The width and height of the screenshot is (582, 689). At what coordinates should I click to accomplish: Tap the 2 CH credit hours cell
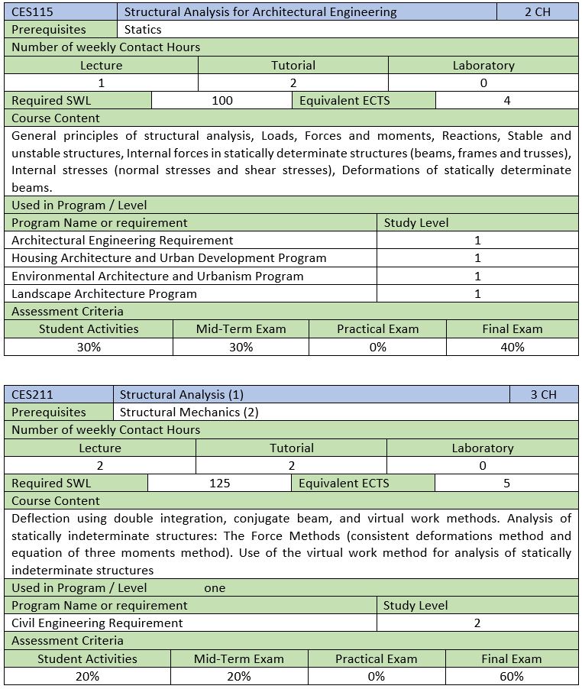click(x=538, y=11)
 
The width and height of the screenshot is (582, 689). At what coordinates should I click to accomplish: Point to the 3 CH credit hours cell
click(x=543, y=394)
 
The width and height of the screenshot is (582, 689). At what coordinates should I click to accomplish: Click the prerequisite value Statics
click(x=143, y=29)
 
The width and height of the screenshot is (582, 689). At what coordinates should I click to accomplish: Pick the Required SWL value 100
click(x=222, y=100)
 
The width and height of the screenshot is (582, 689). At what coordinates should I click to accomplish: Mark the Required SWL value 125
click(x=219, y=483)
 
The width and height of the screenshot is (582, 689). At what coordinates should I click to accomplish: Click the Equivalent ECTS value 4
click(x=506, y=100)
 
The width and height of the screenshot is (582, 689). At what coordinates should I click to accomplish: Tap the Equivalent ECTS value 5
click(x=506, y=483)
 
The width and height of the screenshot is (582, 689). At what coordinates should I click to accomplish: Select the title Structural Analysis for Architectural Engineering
click(x=260, y=11)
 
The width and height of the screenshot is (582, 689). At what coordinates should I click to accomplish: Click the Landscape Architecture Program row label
click(x=104, y=293)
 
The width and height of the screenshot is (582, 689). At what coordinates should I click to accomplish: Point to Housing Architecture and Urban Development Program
click(x=169, y=258)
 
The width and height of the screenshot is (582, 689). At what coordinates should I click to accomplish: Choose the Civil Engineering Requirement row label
click(x=97, y=623)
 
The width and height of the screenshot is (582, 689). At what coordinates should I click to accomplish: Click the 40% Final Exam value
click(x=512, y=347)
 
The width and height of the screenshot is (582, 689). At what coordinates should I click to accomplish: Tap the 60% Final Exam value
click(x=512, y=676)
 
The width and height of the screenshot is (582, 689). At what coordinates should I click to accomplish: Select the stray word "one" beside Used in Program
click(x=215, y=588)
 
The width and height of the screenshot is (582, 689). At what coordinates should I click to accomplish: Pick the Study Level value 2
click(x=477, y=623)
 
